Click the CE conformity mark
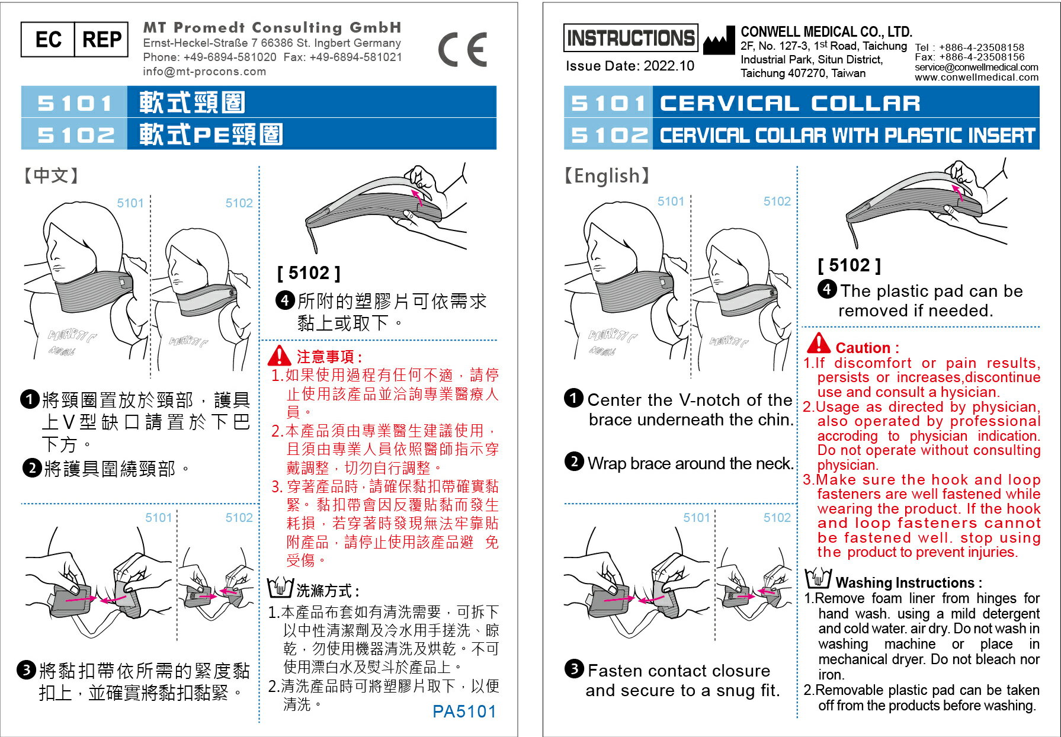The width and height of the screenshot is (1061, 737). [463, 50]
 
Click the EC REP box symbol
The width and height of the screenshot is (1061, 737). [74, 40]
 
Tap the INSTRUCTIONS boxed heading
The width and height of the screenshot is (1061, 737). [630, 39]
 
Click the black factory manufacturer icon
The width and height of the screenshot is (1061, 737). [719, 42]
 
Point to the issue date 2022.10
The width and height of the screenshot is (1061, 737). [630, 66]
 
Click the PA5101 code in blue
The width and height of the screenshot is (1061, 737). [464, 711]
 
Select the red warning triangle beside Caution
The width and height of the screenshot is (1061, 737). [819, 344]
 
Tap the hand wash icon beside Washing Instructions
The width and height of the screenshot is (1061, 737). [818, 578]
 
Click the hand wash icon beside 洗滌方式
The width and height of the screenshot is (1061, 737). [280, 587]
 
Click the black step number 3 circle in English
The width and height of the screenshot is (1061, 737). [573, 669]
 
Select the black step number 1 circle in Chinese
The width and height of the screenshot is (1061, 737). [30, 399]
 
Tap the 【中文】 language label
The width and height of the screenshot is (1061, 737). [51, 175]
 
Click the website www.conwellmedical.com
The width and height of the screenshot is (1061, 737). [976, 77]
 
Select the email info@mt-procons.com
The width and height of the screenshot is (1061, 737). [204, 72]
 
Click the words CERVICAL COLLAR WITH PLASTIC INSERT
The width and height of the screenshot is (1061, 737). [847, 136]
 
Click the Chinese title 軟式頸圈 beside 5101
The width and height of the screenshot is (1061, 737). [193, 102]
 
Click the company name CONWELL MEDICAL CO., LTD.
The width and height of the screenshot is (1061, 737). [826, 32]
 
